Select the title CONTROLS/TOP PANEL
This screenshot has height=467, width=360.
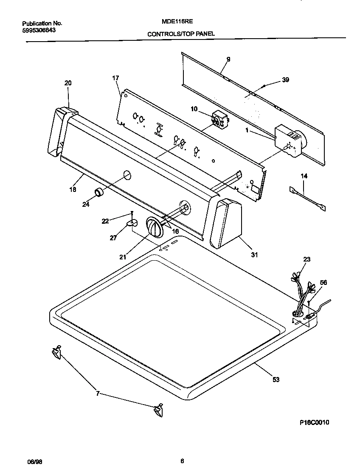(181, 34)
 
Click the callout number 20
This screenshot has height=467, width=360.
(68, 83)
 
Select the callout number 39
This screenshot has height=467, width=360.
(285, 79)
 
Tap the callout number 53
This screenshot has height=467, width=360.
(276, 380)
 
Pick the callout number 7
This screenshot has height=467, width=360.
(98, 394)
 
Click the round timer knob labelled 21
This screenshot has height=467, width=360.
(155, 228)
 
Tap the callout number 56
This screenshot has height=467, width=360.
(323, 282)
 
